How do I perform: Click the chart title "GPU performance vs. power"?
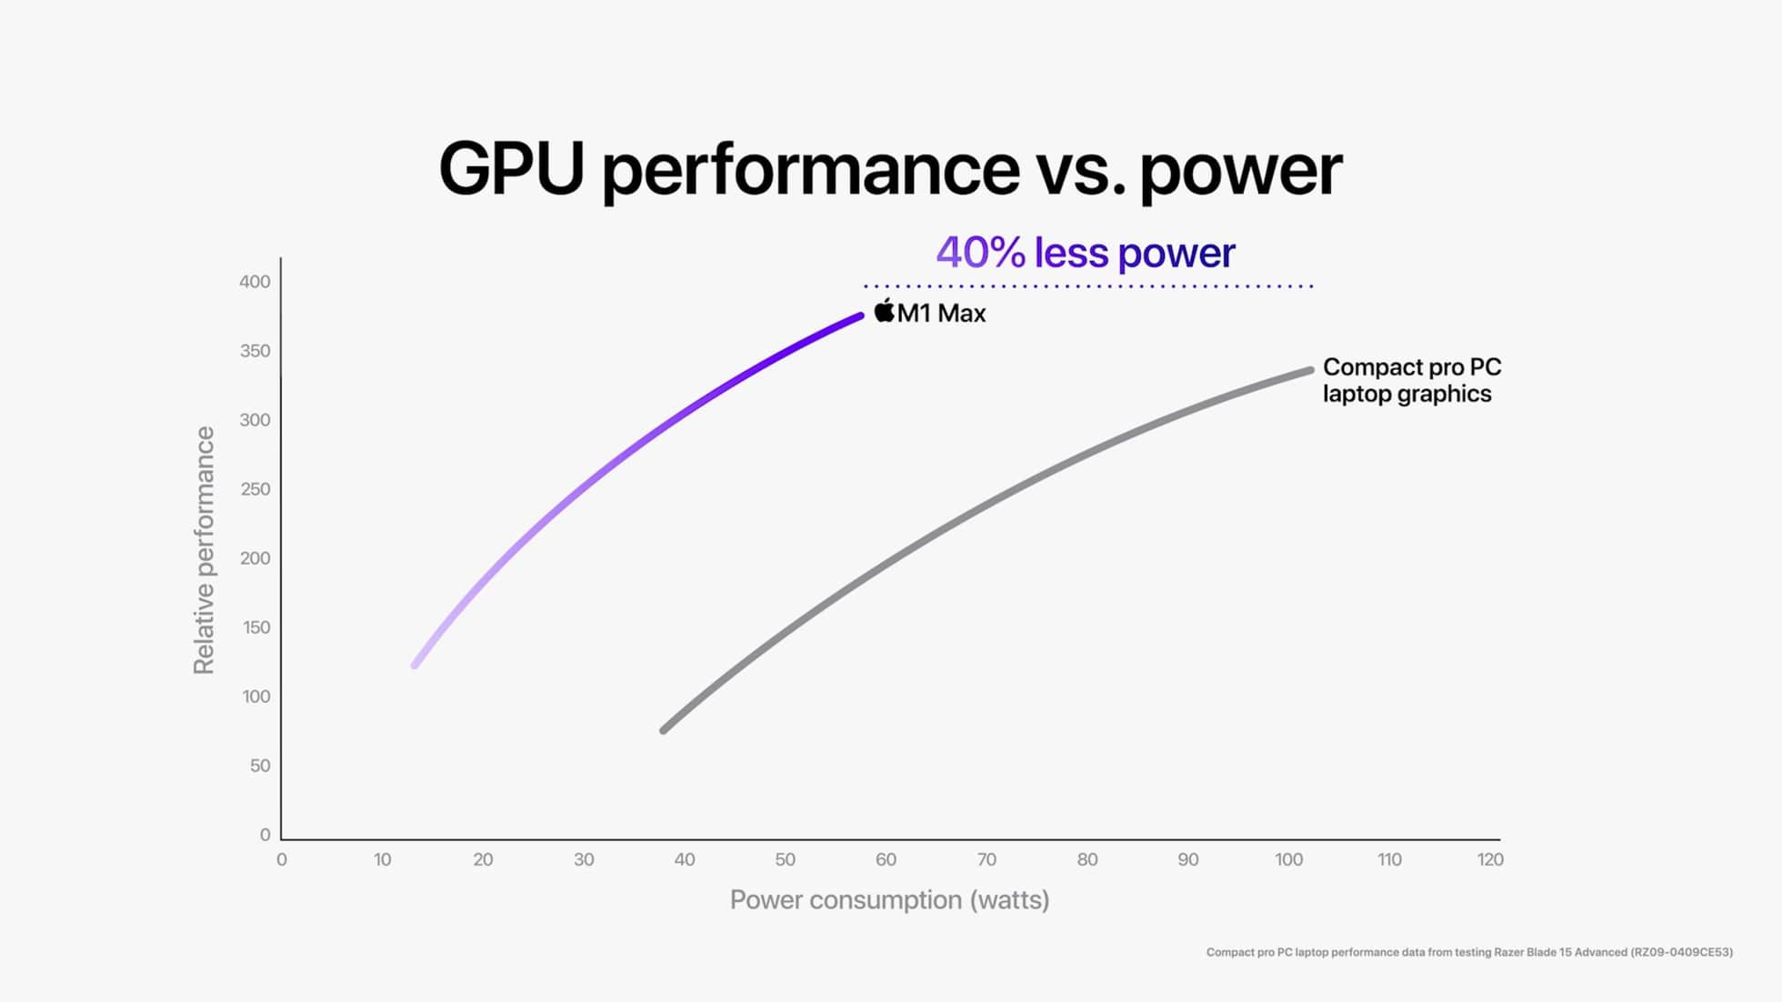pyautogui.click(x=890, y=169)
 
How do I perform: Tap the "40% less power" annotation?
pyautogui.click(x=1085, y=253)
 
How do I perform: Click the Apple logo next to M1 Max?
pyautogui.click(x=884, y=311)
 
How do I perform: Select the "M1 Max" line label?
pyautogui.click(x=941, y=314)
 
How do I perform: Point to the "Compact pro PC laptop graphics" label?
pyautogui.click(x=1411, y=380)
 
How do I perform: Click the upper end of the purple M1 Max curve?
pyautogui.click(x=859, y=317)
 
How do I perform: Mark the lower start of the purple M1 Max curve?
pyautogui.click(x=415, y=665)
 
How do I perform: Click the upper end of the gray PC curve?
pyautogui.click(x=1309, y=370)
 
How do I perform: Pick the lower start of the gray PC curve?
pyautogui.click(x=664, y=730)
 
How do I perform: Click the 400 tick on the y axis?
pyautogui.click(x=255, y=282)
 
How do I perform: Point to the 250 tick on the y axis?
pyautogui.click(x=255, y=489)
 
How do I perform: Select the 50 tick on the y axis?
pyautogui.click(x=260, y=766)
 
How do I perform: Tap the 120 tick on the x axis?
pyautogui.click(x=1490, y=859)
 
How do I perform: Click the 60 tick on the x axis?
pyautogui.click(x=886, y=859)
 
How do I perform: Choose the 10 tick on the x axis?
pyautogui.click(x=382, y=859)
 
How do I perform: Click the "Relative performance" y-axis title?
pyautogui.click(x=204, y=550)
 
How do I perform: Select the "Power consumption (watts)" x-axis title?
pyautogui.click(x=889, y=900)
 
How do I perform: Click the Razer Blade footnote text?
pyautogui.click(x=1468, y=952)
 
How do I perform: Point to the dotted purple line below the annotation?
pyautogui.click(x=1087, y=286)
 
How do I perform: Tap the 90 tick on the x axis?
pyautogui.click(x=1187, y=859)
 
